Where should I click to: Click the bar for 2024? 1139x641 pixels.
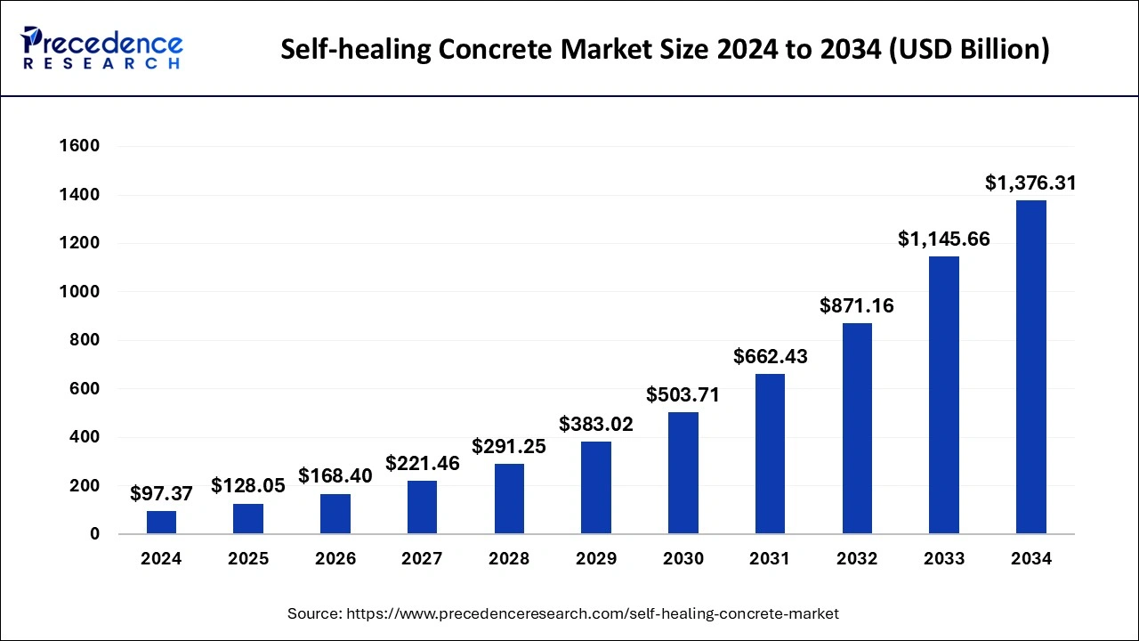[x=161, y=523]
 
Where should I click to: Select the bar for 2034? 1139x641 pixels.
[x=1030, y=367]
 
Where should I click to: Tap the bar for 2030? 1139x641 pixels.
[x=683, y=473]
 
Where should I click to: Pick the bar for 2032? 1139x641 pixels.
[x=857, y=428]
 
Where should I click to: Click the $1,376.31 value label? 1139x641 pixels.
[x=1030, y=183]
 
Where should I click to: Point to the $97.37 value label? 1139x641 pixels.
[x=161, y=493]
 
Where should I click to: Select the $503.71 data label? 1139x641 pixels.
[x=683, y=394]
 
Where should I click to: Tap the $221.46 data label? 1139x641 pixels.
[x=423, y=463]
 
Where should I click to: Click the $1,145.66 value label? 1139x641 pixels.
[x=943, y=239]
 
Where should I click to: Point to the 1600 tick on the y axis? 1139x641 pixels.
[x=80, y=146]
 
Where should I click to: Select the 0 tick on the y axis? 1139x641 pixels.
[x=94, y=534]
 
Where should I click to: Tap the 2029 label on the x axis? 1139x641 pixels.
[x=596, y=559]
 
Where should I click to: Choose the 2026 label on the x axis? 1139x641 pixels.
[x=335, y=559]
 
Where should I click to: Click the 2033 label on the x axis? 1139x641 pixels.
[x=943, y=559]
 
